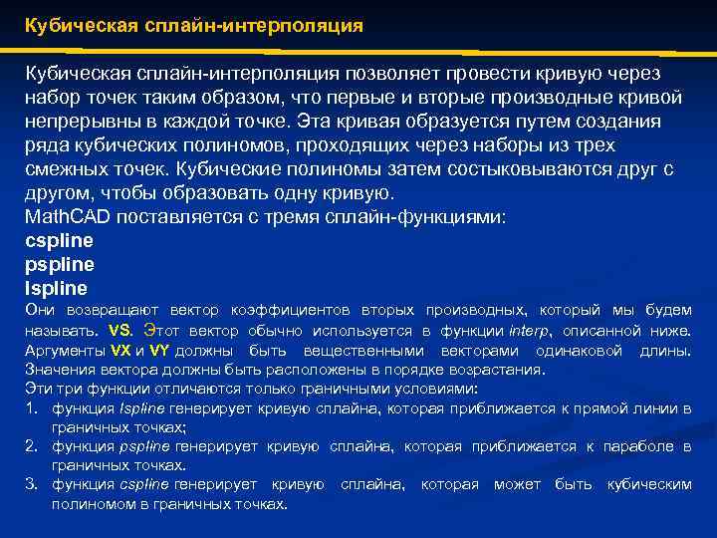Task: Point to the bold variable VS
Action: [119, 330]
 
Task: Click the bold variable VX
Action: [120, 351]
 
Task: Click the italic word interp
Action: [527, 330]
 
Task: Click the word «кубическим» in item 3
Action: [649, 484]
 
